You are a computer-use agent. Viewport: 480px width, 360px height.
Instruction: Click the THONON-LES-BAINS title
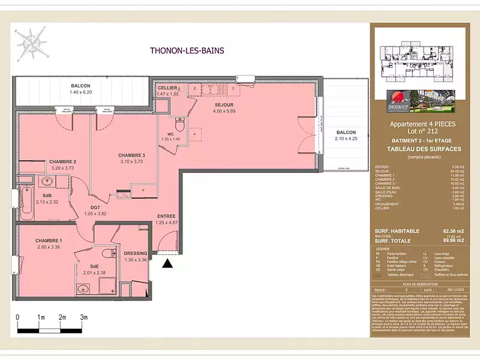(187, 51)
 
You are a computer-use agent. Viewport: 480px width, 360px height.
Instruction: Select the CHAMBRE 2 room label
(62, 162)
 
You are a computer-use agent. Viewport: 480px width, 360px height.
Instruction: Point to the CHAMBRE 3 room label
(131, 155)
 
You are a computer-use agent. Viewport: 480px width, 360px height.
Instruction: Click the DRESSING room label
(135, 253)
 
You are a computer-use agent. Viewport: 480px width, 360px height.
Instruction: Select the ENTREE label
(166, 216)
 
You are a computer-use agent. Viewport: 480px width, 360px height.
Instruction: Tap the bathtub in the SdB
(26, 203)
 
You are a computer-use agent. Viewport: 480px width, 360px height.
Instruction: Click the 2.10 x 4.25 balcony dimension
(346, 139)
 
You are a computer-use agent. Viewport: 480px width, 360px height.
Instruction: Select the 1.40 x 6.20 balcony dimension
(80, 92)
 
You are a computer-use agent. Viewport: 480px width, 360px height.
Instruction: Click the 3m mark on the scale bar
(84, 317)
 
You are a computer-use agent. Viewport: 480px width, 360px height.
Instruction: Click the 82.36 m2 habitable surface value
(450, 230)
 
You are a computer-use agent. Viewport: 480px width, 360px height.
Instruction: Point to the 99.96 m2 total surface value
(450, 241)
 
